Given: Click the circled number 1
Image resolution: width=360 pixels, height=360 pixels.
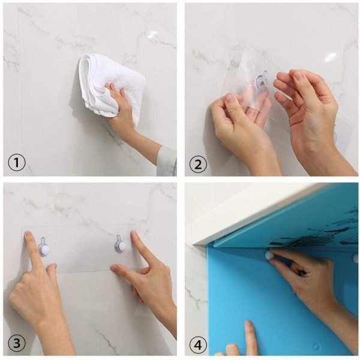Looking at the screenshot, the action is coord(17,163).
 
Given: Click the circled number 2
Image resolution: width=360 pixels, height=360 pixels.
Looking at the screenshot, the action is coord(198,164).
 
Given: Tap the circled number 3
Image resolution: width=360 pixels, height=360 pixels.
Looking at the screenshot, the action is coord(17,344).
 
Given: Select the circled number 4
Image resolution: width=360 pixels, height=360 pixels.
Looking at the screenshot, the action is coord(198,346).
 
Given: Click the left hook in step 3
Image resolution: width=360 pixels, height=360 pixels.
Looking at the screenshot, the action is coord(43,247).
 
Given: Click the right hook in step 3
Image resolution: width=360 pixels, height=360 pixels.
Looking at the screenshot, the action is coord(120,245).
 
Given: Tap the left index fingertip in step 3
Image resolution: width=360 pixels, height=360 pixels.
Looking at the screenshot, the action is coord(28,234).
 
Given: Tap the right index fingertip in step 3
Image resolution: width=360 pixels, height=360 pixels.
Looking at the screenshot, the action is coord(134,234).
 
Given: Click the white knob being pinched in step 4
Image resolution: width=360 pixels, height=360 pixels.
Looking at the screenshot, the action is coord(269,255).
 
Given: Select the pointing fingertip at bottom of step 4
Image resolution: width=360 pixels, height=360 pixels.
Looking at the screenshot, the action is coord(248,324).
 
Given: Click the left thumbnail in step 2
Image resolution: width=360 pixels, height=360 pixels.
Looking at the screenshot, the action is coord(230,99).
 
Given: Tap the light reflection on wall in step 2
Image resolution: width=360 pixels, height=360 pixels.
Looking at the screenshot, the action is coord(330,57).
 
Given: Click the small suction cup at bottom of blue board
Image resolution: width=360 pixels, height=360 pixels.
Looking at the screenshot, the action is coord(317,346).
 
